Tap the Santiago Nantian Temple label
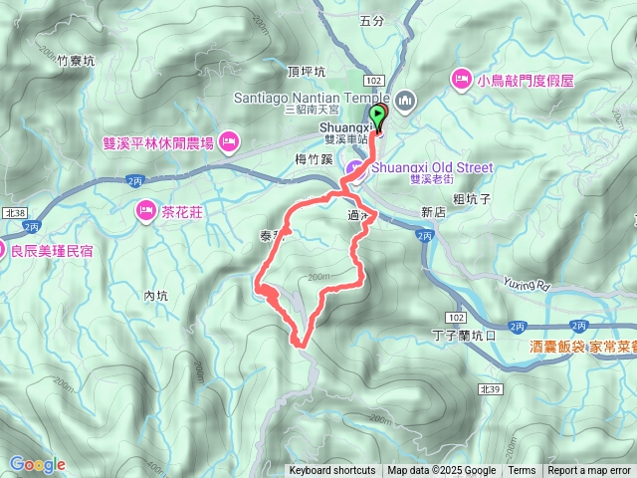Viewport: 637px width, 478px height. (313, 98)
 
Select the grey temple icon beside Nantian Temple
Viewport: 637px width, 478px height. (405, 100)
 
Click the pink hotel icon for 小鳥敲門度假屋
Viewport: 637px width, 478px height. (462, 78)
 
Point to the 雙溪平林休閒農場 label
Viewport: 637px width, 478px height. (158, 143)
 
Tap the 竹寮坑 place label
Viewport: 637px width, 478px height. (75, 61)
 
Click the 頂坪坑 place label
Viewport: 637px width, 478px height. (305, 73)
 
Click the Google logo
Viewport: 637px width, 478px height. (37, 465)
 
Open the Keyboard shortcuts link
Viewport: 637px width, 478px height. (332, 471)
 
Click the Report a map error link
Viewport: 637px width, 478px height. (590, 471)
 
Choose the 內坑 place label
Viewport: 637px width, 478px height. (157, 296)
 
